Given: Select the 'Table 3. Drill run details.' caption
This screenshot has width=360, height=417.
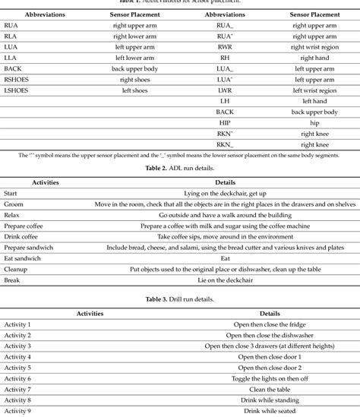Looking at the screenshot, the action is pyautogui.click(x=179, y=299).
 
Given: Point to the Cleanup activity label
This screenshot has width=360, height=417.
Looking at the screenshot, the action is pyautogui.click(x=17, y=269).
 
